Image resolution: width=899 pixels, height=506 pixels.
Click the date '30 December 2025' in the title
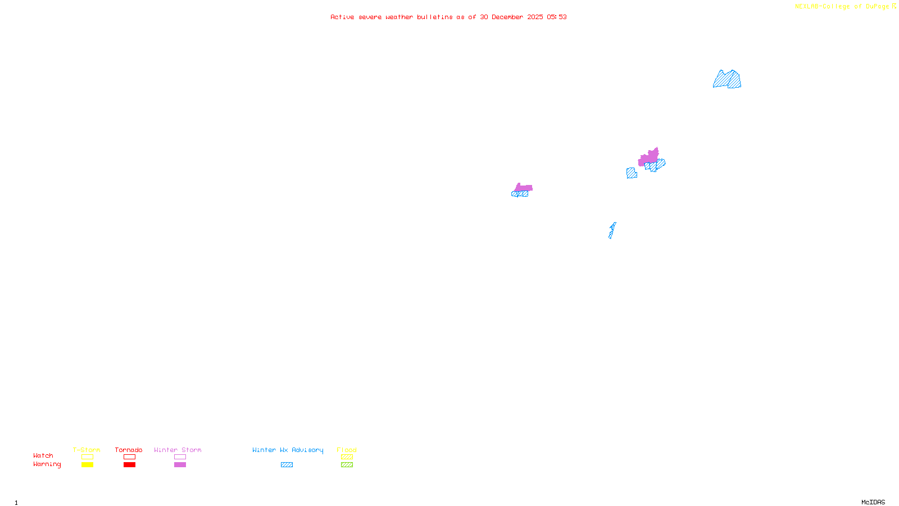[511, 17]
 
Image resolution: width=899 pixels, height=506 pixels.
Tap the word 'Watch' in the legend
[43, 456]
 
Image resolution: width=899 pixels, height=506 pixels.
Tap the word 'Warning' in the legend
[47, 464]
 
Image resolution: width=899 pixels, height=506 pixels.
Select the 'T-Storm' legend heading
[87, 450]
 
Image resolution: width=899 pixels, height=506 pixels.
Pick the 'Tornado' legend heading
[129, 450]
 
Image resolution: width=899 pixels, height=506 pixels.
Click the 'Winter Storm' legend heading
[178, 450]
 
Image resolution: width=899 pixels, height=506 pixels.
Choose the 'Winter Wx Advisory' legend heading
[288, 450]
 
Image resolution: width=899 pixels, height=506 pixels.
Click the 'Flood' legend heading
[347, 450]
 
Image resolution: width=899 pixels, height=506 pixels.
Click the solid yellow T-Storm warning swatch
[87, 465]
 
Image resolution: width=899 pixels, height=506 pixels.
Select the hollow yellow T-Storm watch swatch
[87, 457]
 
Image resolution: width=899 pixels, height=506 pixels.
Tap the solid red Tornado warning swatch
[130, 465]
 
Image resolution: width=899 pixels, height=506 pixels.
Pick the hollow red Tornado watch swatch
[130, 457]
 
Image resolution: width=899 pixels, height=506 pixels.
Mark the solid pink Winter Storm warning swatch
[180, 465]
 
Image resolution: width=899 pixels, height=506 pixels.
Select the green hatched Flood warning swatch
[347, 465]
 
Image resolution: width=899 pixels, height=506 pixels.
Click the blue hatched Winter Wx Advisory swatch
[287, 465]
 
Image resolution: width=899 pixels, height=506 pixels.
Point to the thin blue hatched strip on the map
[612, 231]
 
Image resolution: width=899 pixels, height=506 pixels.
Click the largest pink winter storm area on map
[648, 157]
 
